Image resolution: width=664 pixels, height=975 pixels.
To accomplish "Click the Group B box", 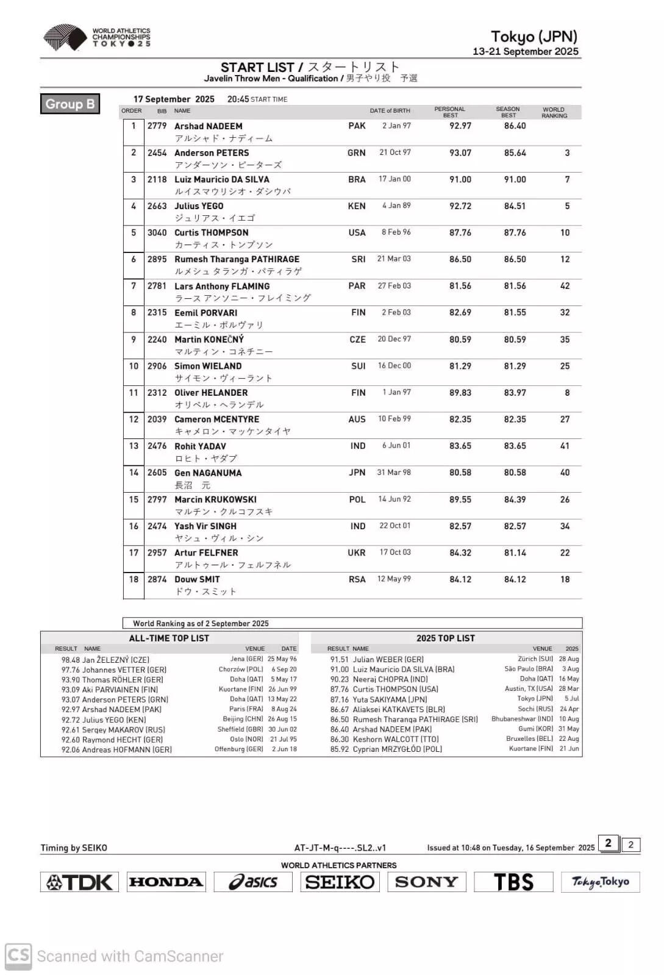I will point(70,104).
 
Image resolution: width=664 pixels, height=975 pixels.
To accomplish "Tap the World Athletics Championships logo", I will point(96,38).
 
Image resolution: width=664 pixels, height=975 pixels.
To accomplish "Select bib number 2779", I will point(157,126).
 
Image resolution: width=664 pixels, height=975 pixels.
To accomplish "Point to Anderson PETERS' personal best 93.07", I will point(460,153).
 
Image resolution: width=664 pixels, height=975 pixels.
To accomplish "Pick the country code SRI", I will point(358,259).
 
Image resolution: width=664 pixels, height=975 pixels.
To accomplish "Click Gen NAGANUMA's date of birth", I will point(394,473).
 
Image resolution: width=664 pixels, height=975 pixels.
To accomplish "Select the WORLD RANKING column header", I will point(554,112).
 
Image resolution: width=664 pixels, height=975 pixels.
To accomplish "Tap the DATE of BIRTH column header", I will point(390,111).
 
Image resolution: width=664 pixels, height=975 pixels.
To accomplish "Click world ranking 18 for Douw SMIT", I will point(565,579).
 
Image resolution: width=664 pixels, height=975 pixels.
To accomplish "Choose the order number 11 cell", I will point(134,393).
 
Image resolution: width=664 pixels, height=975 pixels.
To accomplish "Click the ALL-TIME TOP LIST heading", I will point(169,638).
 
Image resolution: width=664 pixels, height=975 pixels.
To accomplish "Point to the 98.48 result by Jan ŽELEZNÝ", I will point(70,660).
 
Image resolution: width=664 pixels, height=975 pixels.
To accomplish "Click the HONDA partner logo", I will point(166,882).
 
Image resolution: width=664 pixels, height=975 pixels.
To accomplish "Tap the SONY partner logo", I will point(426,882).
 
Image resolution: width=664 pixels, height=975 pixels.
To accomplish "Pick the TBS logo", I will point(513,882).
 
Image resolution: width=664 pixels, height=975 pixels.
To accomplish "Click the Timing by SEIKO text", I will point(74,848).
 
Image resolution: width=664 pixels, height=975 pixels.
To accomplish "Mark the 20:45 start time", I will point(238,99).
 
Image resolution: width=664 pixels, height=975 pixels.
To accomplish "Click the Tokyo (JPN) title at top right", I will point(534,37).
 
